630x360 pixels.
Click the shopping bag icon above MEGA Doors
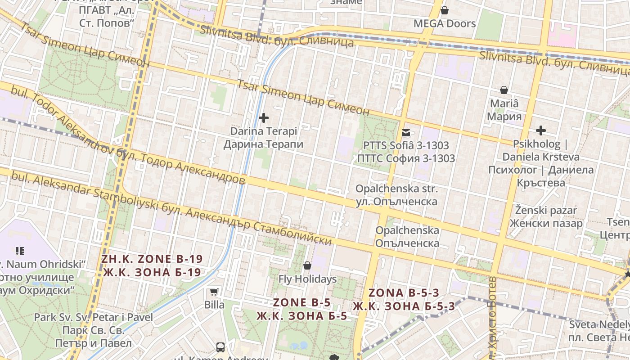point(445,10)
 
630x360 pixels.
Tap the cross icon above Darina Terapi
point(264,118)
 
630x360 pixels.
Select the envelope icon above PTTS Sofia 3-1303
point(406,132)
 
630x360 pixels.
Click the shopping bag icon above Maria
point(504,90)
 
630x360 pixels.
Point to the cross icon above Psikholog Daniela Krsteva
point(541,131)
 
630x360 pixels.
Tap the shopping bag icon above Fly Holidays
point(307,265)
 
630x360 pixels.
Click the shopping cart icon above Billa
point(214,292)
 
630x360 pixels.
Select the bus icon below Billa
point(220,347)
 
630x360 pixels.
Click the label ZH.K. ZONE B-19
point(152,259)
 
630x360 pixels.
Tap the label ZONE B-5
point(302,302)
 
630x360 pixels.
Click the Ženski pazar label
point(546,210)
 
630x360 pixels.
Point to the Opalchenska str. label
point(396,189)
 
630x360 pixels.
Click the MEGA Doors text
point(445,23)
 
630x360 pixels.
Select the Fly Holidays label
point(307,279)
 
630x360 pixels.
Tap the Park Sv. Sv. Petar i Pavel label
point(94,317)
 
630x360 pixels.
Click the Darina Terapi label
point(264,131)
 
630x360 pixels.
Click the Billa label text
point(214,305)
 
